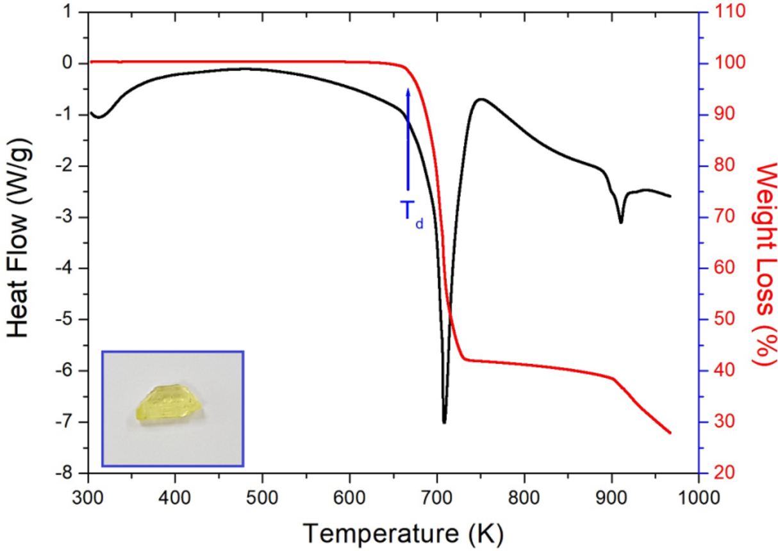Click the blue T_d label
point(411,212)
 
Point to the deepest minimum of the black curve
point(444,422)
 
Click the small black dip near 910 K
point(620,222)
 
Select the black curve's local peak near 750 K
point(481,99)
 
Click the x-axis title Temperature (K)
point(403,531)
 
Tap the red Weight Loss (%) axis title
point(763,263)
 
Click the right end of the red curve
point(670,433)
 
